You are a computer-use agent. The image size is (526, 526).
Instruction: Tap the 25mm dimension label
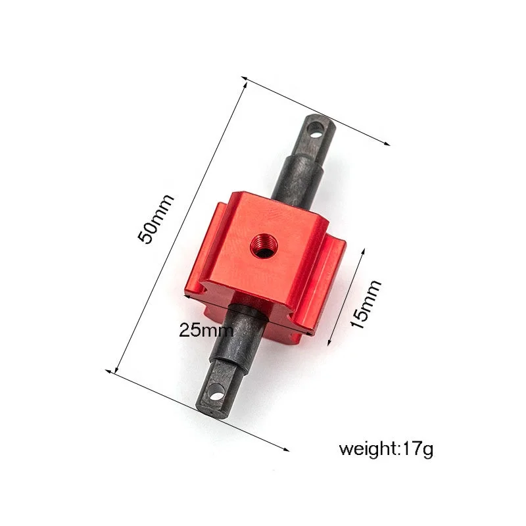[x=206, y=330]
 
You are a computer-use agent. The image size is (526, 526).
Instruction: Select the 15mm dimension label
[x=366, y=304]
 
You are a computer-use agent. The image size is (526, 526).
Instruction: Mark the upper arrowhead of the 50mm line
[x=245, y=81]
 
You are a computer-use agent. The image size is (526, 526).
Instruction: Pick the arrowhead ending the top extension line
[x=389, y=143]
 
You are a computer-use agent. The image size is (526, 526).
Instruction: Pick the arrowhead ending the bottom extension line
[x=287, y=450]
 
